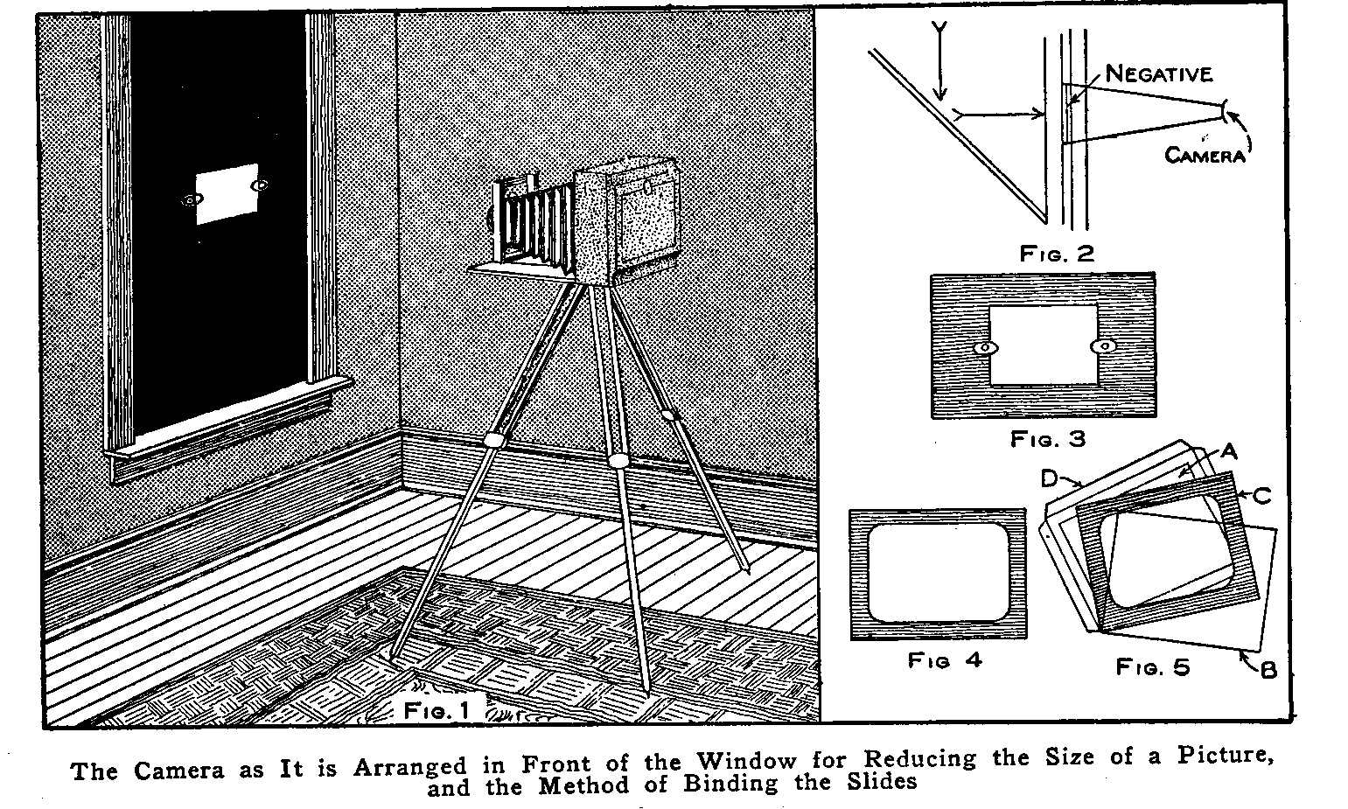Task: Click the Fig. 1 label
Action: click(x=437, y=710)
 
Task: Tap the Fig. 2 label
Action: click(x=1057, y=254)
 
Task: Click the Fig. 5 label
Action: click(x=1152, y=667)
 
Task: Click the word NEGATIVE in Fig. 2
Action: click(x=1159, y=74)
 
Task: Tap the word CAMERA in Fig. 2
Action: click(x=1204, y=156)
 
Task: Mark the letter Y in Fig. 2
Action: click(x=939, y=30)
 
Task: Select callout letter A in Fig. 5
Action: click(x=1227, y=451)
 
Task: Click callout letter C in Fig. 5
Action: click(x=1261, y=496)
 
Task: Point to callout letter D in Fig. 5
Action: click(x=1051, y=479)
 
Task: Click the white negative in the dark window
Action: click(x=226, y=192)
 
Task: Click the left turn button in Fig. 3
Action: click(x=985, y=348)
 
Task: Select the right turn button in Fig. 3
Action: click(x=1104, y=347)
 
